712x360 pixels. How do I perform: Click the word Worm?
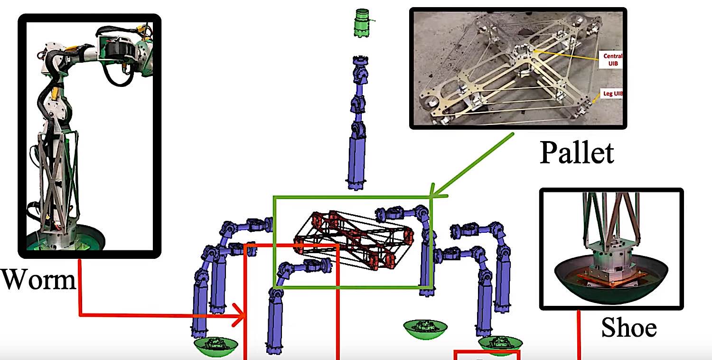tap(38, 280)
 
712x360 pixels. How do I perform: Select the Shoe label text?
tap(628, 327)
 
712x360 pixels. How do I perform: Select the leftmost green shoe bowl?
tap(216, 347)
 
